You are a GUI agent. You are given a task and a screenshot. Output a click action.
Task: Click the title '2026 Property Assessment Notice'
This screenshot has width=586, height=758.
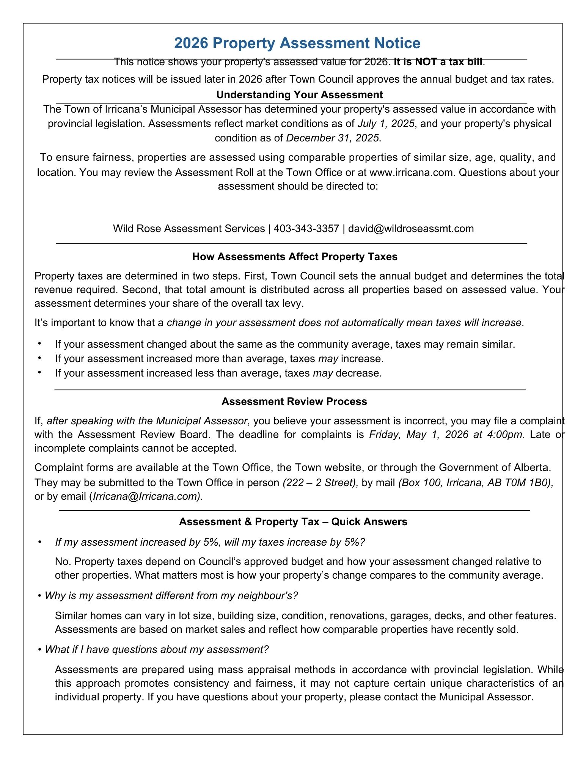pos(297,43)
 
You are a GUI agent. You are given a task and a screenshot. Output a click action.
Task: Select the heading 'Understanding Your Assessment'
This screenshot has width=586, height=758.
pos(299,94)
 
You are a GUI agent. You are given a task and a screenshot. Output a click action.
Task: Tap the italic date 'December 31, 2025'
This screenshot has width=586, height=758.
pos(332,138)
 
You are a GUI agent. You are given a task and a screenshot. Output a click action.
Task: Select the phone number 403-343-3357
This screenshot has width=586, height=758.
pos(306,229)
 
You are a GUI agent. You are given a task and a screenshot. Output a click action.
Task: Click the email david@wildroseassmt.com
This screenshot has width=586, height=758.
pos(411,229)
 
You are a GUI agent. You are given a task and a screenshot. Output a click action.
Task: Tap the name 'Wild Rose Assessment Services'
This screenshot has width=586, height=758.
pos(189,229)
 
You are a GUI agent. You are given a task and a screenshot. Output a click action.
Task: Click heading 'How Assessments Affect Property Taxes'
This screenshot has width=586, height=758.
pos(295,257)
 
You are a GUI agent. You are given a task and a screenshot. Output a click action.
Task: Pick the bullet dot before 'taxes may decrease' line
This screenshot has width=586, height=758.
pos(39,373)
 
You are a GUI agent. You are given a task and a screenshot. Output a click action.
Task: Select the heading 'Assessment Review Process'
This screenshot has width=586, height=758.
pos(294,402)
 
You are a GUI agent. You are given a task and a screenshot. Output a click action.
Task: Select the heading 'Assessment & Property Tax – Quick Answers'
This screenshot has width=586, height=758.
pos(293,522)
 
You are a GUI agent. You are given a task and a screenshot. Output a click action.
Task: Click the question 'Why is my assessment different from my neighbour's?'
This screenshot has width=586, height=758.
pos(171,596)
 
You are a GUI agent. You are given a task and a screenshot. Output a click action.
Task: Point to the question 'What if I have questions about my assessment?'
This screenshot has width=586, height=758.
pos(157,650)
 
